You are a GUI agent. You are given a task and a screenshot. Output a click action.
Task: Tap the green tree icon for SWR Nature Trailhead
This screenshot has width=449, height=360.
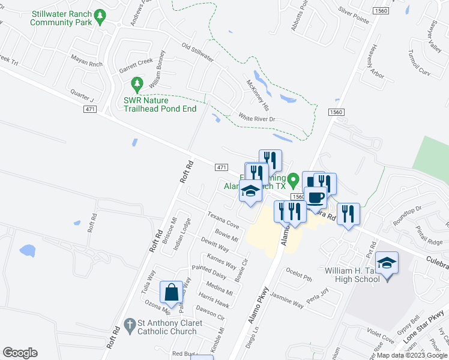point(138,85)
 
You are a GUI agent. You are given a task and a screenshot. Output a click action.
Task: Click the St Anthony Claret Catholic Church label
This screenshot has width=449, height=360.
point(167,327)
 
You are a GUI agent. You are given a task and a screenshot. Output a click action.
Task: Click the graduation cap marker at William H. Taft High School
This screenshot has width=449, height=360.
point(387,263)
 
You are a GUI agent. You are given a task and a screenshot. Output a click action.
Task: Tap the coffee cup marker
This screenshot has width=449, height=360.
point(316,197)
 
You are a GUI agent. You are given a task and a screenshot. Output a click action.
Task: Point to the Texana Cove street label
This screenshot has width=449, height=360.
point(223,221)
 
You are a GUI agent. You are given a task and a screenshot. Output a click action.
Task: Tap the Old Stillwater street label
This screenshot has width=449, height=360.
point(197,53)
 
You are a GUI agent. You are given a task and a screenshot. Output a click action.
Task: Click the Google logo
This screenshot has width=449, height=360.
point(20,353)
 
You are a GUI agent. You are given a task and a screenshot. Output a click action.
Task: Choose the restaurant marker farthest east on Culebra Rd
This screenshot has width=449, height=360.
point(348,214)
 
